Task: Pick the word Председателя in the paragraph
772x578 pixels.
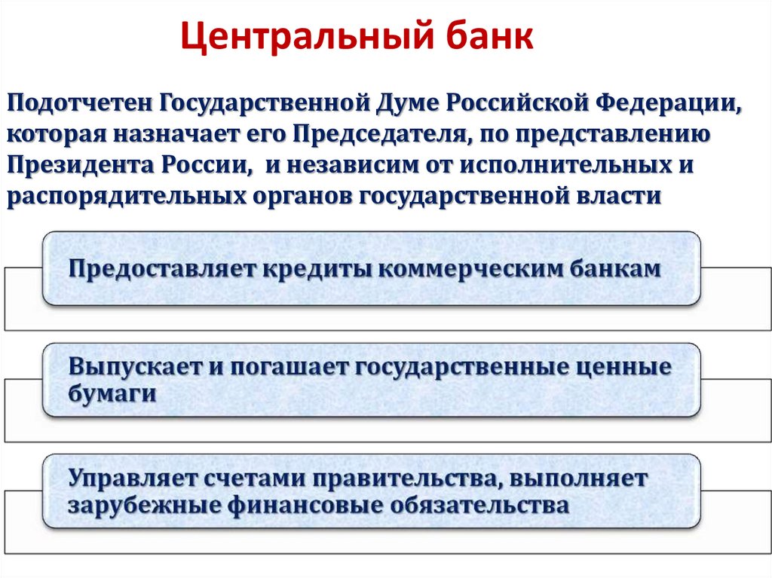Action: point(379,134)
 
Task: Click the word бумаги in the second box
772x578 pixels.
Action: point(112,394)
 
